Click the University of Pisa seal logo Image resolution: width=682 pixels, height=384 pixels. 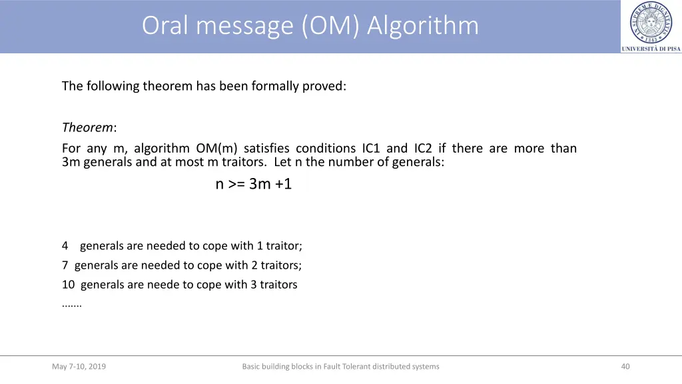pos(651,22)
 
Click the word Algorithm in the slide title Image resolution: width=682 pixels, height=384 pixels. pos(422,25)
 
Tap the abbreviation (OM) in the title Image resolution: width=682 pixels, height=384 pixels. pos(332,25)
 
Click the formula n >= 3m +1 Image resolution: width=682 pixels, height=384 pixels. pos(254,184)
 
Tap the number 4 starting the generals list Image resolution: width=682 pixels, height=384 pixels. pos(65,246)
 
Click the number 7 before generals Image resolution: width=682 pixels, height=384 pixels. pos(65,265)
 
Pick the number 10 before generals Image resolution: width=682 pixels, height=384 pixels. pos(68,285)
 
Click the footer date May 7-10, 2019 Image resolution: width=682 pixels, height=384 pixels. pos(79,366)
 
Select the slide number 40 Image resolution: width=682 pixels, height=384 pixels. pos(625,366)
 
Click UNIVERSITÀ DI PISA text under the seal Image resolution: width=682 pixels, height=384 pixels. pos(651,49)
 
